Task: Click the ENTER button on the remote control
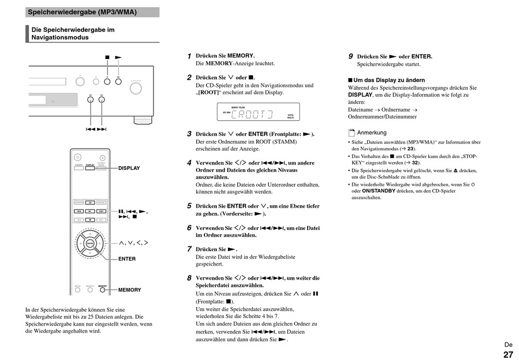coord(91,244)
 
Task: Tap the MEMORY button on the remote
coord(102,290)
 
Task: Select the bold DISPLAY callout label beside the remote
coord(129,168)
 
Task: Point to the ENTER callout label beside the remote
coord(127,259)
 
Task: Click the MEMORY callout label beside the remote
coord(129,290)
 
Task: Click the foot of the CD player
coord(140,119)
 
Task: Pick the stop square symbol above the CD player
coord(108,57)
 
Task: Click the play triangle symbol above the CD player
coord(118,57)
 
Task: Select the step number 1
coord(189,56)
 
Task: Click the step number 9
coord(351,56)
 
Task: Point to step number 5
coord(189,206)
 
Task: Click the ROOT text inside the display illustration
coord(252,114)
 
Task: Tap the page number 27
coord(508,354)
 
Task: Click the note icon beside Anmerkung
coord(352,133)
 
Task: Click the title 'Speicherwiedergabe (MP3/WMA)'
coord(82,12)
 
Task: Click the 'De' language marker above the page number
coord(508,345)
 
